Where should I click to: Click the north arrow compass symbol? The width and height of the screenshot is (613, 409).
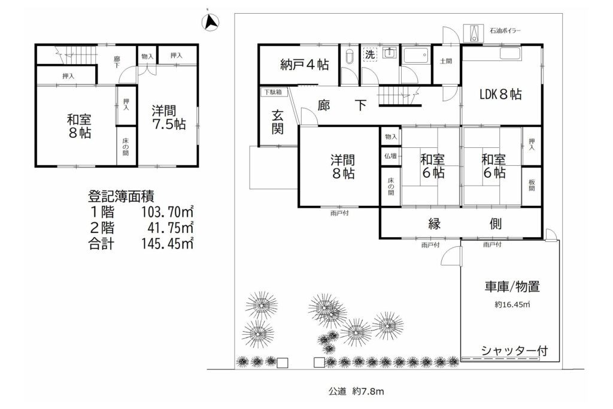210,22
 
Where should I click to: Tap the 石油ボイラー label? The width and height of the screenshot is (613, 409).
505,31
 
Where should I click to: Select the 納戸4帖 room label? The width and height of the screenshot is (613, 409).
305,65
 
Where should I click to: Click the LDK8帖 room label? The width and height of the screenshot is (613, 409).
500,94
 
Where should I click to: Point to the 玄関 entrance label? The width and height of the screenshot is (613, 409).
278,122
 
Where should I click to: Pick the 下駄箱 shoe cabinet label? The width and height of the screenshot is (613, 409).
273,92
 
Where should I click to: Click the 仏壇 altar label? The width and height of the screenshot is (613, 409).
390,156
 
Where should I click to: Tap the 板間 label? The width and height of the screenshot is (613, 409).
532,186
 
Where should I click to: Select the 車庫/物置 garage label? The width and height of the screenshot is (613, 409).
512,287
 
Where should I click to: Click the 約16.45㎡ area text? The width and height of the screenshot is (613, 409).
512,305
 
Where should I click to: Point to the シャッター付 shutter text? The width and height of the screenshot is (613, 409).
514,350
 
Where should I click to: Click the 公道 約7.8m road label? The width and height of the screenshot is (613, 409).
356,391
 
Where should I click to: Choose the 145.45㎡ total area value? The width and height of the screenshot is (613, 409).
168,244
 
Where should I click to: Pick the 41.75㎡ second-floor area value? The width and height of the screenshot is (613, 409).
171,228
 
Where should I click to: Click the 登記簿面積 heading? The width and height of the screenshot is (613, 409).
121,195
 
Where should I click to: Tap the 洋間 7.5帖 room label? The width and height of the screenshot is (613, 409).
169,117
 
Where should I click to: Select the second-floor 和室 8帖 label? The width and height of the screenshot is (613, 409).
80,126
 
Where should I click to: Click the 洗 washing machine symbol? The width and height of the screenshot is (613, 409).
369,54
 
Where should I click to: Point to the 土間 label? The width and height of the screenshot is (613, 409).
445,61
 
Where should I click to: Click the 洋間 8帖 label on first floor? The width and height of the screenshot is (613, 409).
343,166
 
